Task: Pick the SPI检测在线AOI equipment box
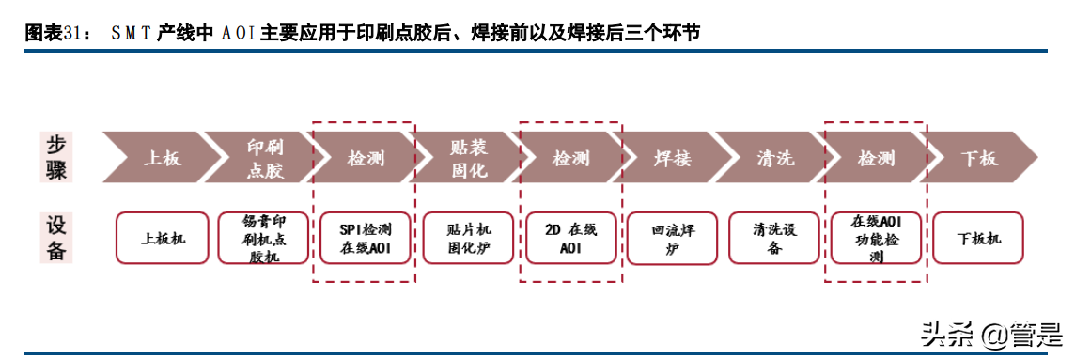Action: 366,238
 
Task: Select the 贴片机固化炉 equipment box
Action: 468,238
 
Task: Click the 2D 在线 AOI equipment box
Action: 570,238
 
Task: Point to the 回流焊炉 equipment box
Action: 673,238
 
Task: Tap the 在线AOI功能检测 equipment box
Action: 877,238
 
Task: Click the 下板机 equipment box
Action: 978,238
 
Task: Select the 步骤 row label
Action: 58,158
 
